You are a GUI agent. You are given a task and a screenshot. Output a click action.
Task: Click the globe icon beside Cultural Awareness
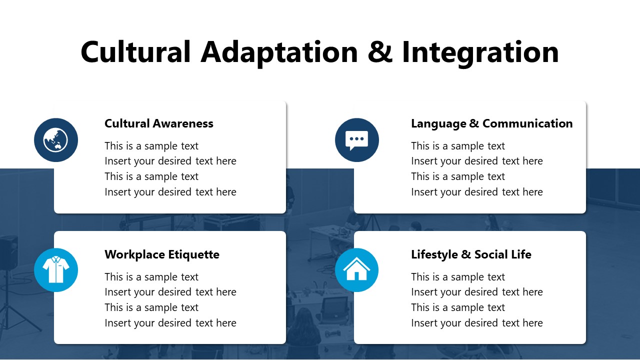point(56,140)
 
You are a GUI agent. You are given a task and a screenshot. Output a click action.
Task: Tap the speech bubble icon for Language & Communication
point(356,140)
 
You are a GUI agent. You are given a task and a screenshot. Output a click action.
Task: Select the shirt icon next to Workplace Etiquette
point(56,270)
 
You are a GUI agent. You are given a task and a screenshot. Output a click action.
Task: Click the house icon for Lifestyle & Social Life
point(356,270)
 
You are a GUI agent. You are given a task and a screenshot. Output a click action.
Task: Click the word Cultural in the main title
point(135,52)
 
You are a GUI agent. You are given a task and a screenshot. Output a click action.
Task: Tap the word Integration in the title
point(480,52)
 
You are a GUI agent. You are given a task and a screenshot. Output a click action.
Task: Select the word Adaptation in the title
point(279,52)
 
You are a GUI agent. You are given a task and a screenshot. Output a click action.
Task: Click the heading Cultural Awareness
point(158,123)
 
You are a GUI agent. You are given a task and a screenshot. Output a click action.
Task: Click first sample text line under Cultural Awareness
point(151,146)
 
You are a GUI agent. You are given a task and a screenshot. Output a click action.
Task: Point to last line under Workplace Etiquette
point(170,323)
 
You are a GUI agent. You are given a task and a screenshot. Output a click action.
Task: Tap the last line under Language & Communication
point(476,192)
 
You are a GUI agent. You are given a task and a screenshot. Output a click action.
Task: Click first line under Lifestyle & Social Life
point(457,277)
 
